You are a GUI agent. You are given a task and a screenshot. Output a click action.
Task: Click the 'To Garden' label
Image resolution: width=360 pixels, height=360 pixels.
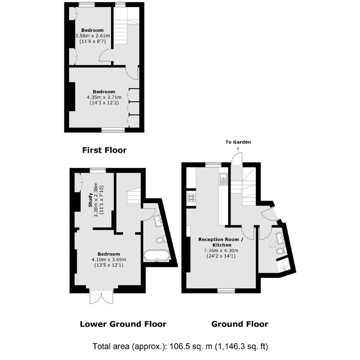click(x=238, y=142)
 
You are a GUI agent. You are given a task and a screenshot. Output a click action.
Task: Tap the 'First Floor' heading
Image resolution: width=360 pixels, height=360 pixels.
click(x=105, y=150)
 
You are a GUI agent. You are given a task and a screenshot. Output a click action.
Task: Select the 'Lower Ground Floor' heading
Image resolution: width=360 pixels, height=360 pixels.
click(x=123, y=324)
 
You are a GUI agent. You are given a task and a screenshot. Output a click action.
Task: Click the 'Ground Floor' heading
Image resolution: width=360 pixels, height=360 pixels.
click(x=240, y=324)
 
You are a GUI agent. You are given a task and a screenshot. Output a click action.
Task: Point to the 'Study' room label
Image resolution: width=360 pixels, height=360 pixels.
click(x=90, y=200)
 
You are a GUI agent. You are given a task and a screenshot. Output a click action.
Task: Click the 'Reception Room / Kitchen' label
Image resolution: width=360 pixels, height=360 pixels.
click(x=219, y=242)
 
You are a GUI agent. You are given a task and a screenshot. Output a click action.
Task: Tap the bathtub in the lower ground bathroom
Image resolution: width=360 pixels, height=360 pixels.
click(x=157, y=256)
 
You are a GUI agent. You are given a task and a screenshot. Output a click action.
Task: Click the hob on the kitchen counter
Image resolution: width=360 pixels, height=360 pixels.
click(x=191, y=198)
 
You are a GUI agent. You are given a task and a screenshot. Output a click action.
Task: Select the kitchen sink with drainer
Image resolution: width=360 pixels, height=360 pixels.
click(x=223, y=179)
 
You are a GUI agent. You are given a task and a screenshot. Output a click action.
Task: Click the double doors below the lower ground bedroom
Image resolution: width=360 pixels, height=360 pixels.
click(x=101, y=298)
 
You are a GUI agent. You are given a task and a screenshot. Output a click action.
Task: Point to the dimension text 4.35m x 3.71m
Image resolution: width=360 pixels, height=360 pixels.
click(x=104, y=97)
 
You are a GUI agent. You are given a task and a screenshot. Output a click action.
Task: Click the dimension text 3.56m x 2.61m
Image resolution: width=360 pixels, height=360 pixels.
click(x=93, y=36)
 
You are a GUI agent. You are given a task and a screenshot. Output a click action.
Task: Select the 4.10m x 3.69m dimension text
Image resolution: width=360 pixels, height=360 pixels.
click(x=109, y=260)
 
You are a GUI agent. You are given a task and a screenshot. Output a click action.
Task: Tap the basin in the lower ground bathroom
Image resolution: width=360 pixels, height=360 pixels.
click(x=159, y=221)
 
